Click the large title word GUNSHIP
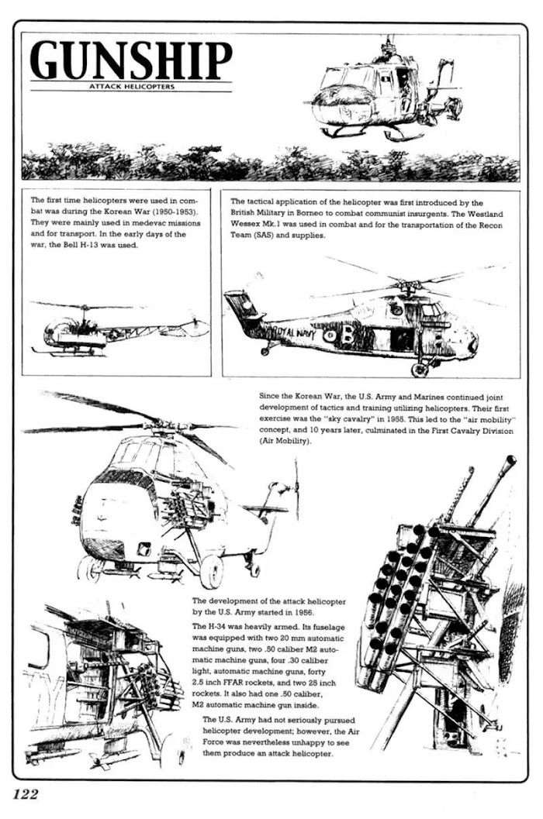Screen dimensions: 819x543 (x=130, y=60)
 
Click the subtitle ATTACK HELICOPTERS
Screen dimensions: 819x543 (x=130, y=87)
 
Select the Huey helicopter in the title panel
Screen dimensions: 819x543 (x=380, y=93)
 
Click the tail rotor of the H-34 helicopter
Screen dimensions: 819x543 (x=296, y=489)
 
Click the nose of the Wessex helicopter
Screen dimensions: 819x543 (x=472, y=342)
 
